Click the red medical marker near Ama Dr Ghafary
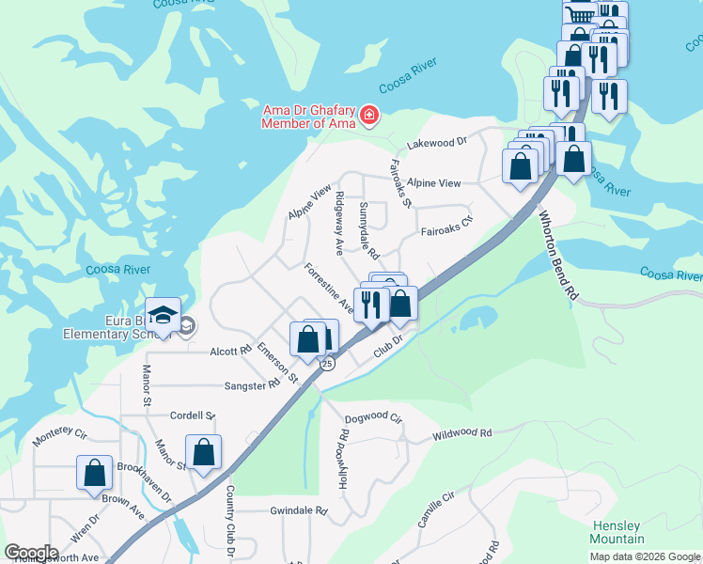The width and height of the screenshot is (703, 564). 368,116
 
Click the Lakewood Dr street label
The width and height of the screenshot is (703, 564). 436,143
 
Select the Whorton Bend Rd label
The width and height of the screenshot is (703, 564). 557,254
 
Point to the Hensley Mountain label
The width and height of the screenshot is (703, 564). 617,532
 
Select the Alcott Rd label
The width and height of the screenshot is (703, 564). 231,351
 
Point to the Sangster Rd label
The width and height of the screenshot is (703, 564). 252,385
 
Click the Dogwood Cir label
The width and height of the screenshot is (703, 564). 373,418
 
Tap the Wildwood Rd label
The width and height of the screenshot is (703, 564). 461,434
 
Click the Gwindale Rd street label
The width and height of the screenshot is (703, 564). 297,512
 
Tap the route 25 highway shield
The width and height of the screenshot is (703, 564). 326,364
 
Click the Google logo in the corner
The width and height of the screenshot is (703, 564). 30,553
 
